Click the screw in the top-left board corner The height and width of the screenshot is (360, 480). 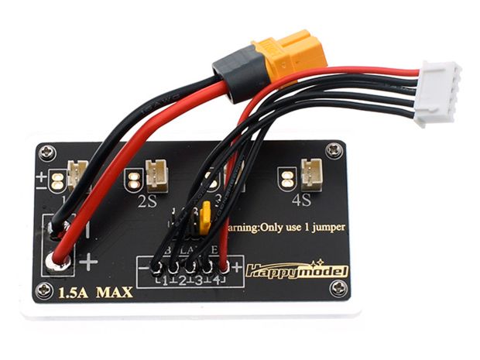click(x=49, y=153)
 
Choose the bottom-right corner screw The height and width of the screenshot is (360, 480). click(x=338, y=288)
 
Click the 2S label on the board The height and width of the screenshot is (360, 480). click(x=149, y=203)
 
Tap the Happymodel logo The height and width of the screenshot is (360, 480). click(x=297, y=271)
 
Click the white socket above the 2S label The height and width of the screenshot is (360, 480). click(x=157, y=176)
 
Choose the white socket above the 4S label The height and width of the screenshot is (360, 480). click(x=313, y=173)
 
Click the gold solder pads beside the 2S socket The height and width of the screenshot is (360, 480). click(x=134, y=181)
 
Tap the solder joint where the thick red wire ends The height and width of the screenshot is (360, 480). click(x=58, y=261)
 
